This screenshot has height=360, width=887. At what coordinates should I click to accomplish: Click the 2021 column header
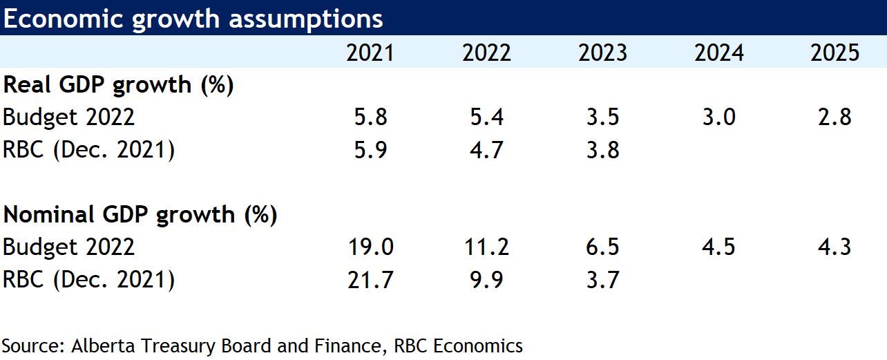coord(370,53)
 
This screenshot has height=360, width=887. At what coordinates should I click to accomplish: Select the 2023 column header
coord(602,53)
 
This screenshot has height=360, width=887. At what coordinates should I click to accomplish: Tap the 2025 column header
coord(834,53)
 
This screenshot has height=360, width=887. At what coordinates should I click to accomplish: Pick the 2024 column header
coord(718,53)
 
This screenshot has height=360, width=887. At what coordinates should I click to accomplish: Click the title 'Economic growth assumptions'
coord(193,19)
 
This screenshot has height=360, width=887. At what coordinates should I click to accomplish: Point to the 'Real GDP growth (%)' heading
coord(119,85)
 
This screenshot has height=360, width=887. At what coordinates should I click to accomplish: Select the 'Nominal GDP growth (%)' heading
coord(140,215)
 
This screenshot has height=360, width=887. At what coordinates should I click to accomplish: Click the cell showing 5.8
coord(370,117)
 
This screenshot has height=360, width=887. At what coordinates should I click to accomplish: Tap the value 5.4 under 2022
coord(486,117)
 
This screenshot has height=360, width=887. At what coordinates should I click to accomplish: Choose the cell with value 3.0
coord(718,117)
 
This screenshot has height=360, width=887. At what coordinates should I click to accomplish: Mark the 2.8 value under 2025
coord(834,117)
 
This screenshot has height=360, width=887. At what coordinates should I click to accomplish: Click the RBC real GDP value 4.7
coord(486,150)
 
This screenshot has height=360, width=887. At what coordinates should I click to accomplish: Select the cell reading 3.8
coord(602,150)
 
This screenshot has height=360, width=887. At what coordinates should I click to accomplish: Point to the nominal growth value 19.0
coord(370,247)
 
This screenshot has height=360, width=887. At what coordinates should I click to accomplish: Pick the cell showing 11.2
coord(486,247)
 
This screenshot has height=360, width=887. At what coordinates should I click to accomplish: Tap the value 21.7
coord(370,280)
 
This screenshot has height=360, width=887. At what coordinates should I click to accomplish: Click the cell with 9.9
coord(486,280)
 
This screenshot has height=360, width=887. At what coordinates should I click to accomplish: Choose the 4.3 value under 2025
coord(834,247)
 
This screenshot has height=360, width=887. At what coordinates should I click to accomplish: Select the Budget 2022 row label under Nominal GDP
coord(69,247)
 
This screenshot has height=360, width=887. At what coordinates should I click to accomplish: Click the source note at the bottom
coord(263,345)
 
